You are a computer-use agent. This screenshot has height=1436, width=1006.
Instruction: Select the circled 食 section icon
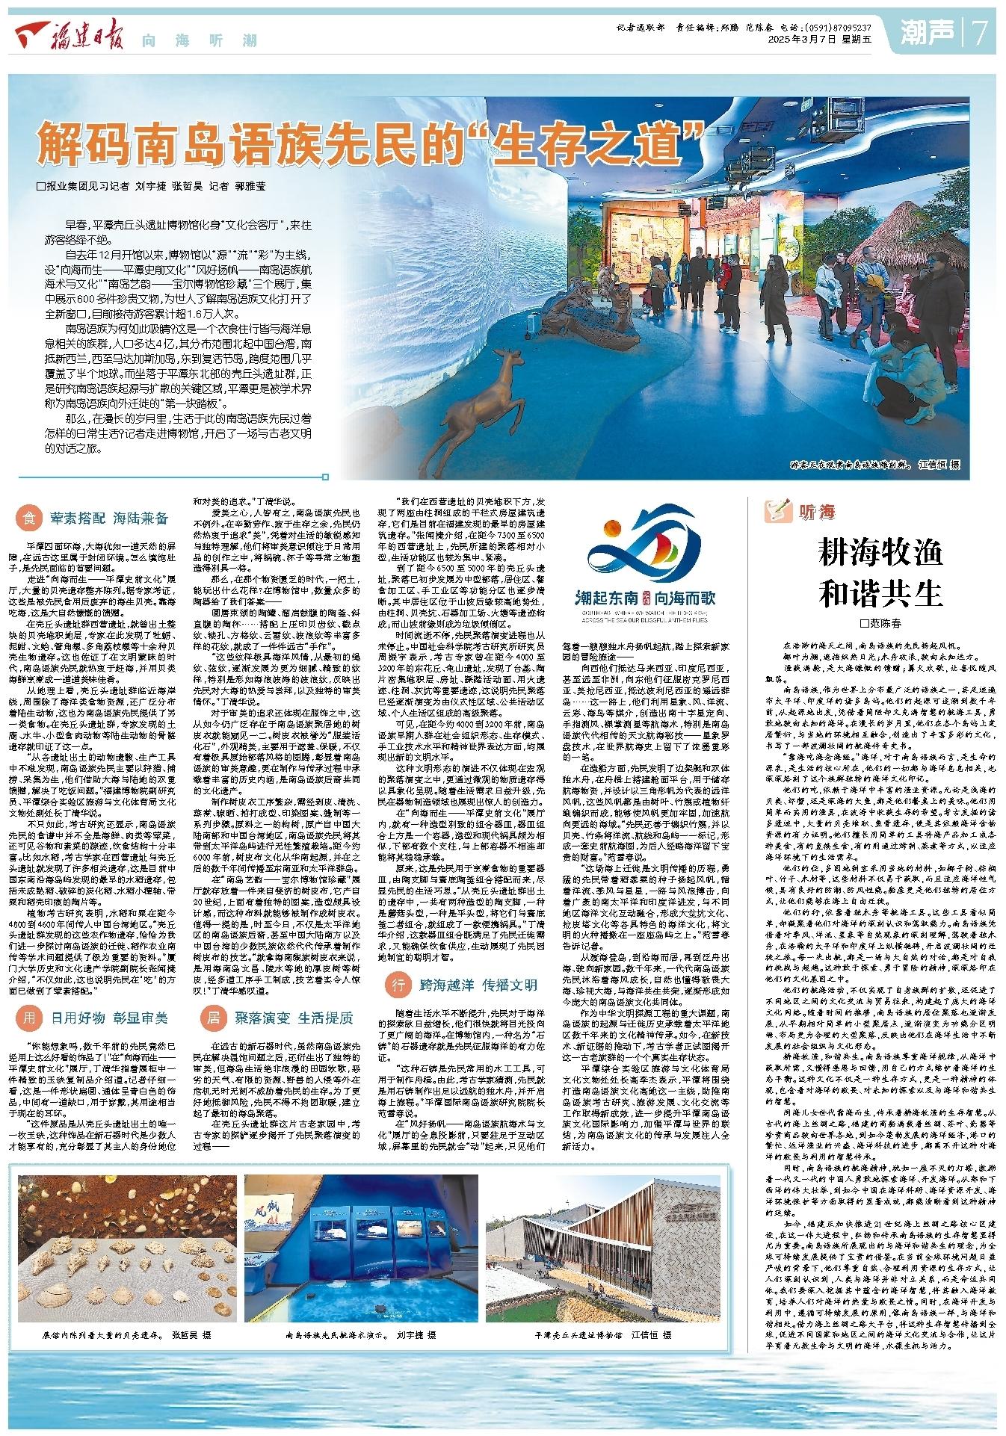[29, 517]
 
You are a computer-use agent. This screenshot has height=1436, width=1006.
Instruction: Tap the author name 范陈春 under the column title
[886, 622]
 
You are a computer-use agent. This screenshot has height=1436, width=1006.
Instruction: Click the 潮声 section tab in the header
[928, 31]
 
